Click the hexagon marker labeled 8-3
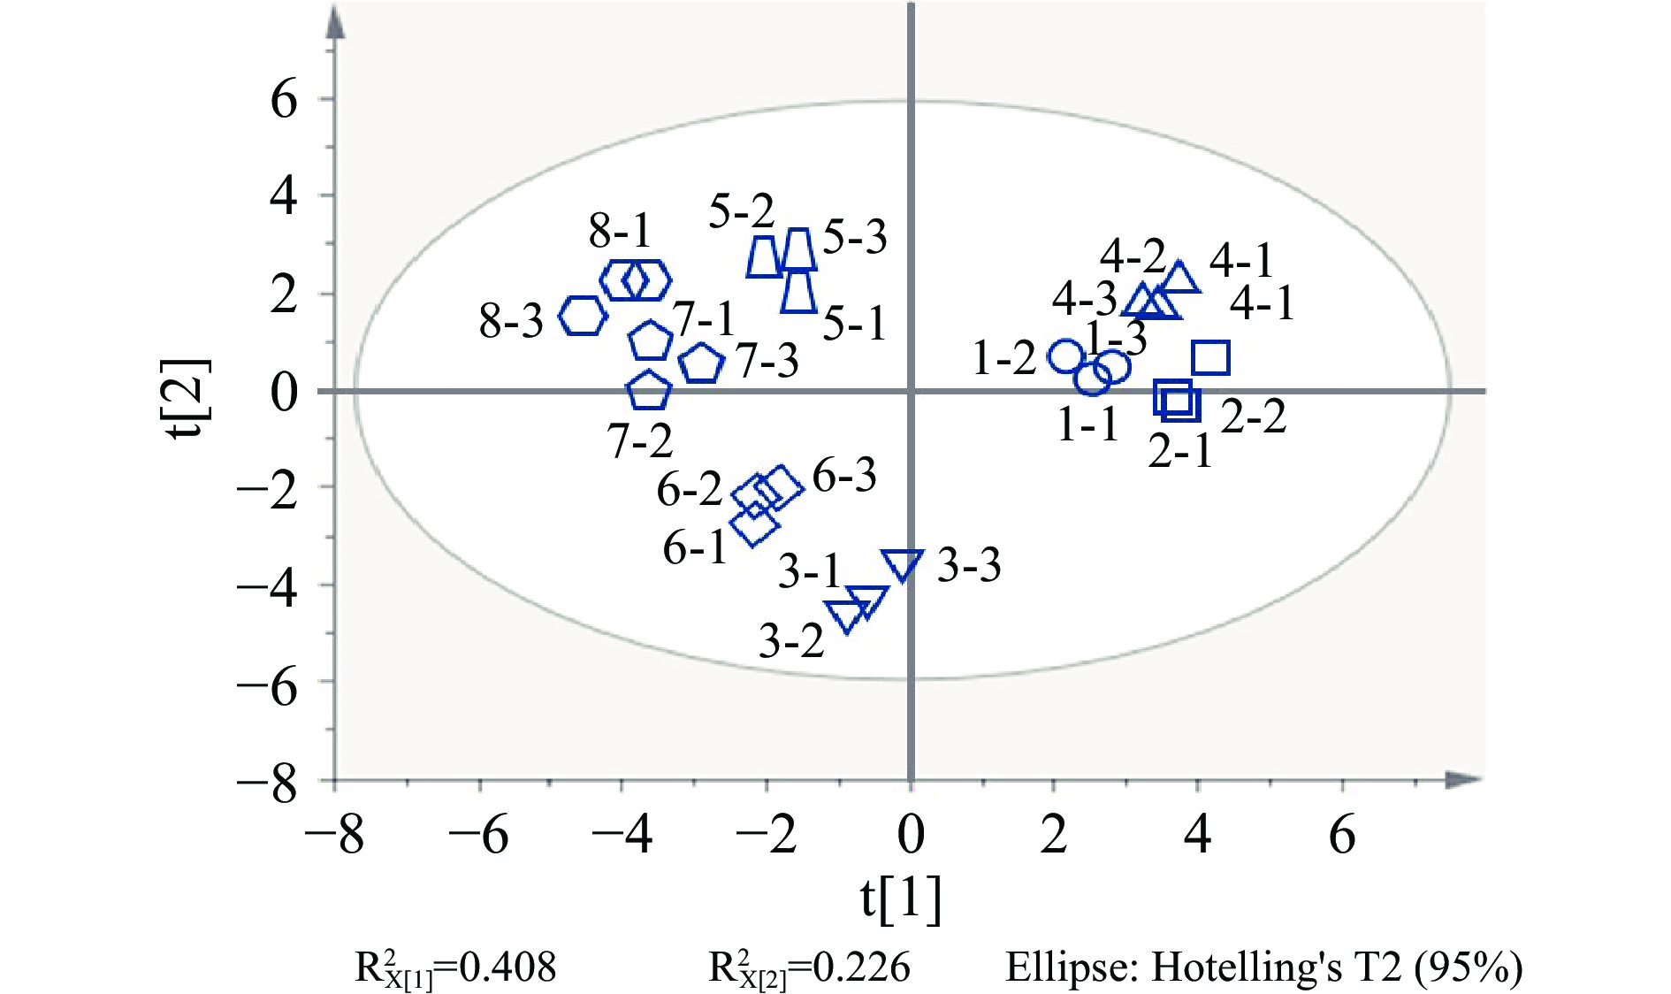pyautogui.click(x=583, y=316)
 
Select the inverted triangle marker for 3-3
pyautogui.click(x=903, y=564)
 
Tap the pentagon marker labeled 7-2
pyautogui.click(x=649, y=390)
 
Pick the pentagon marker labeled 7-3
pyautogui.click(x=702, y=363)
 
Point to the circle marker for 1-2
pyautogui.click(x=1066, y=356)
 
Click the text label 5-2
pyautogui.click(x=741, y=211)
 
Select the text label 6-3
pyautogui.click(x=844, y=476)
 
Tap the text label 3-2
pyautogui.click(x=791, y=640)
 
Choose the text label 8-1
pyautogui.click(x=620, y=232)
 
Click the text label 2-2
pyautogui.click(x=1254, y=416)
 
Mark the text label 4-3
pyautogui.click(x=1085, y=300)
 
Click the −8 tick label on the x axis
pyautogui.click(x=334, y=834)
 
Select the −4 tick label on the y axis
pyautogui.click(x=268, y=585)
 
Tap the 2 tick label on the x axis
pyautogui.click(x=1054, y=834)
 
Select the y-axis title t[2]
pyautogui.click(x=192, y=400)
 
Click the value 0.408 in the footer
pyautogui.click(x=508, y=967)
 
